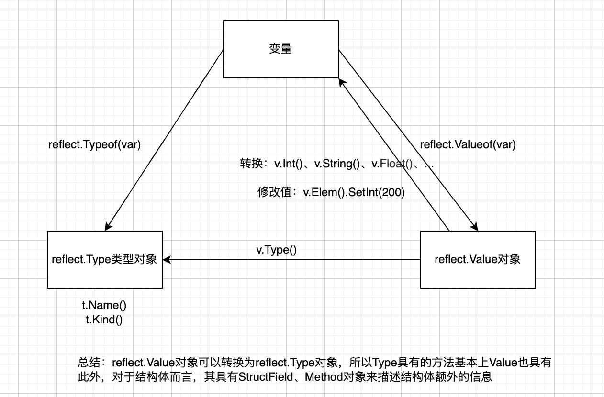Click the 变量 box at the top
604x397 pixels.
click(281, 49)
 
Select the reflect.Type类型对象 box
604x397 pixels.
click(105, 260)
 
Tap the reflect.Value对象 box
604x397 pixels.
click(478, 260)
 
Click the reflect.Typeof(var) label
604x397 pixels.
click(95, 145)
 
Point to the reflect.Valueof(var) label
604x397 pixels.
click(468, 145)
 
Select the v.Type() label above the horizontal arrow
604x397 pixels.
click(277, 250)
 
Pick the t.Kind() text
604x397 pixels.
click(104, 320)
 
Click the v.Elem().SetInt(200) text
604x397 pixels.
click(354, 193)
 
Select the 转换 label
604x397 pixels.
click(251, 164)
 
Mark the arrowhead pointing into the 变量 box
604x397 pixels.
click(342, 83)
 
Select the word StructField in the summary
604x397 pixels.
click(267, 377)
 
